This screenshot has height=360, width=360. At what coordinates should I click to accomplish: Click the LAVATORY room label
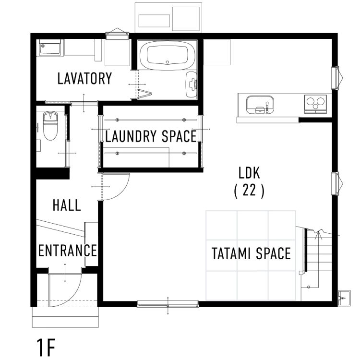tap(84, 78)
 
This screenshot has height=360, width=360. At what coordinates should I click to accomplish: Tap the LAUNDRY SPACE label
tap(151, 137)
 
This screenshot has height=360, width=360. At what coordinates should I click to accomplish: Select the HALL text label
tap(67, 206)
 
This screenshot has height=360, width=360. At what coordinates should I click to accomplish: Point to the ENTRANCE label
tap(68, 251)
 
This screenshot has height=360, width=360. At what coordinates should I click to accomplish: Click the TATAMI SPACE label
tap(251, 253)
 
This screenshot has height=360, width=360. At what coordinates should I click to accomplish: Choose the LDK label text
tap(249, 171)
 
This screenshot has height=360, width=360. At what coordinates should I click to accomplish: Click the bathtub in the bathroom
tap(167, 55)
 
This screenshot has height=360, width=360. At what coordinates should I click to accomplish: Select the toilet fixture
tap(49, 125)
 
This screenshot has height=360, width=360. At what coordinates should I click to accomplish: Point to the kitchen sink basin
tap(260, 104)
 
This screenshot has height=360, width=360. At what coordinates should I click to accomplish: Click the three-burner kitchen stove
tap(315, 102)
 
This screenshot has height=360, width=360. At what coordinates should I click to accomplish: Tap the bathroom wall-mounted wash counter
tap(192, 84)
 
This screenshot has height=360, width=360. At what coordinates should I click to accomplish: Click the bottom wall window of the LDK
tap(168, 303)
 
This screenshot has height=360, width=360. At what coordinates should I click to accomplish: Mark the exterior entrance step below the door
tap(65, 317)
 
